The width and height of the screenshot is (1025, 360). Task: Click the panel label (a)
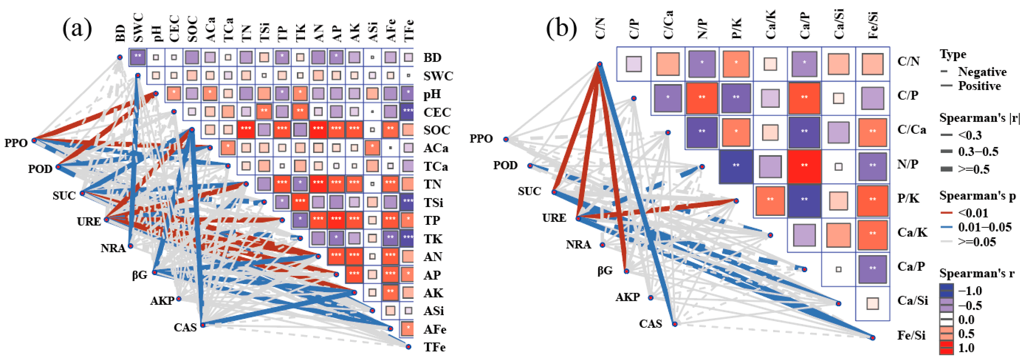pyautogui.click(x=77, y=29)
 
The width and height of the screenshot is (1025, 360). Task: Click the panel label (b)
pyautogui.click(x=561, y=29)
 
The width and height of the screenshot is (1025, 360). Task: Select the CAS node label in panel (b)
pyautogui.click(x=651, y=324)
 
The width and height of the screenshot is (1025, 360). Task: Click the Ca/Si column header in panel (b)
pyautogui.click(x=839, y=25)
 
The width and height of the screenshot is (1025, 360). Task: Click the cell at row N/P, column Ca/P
pyautogui.click(x=804, y=166)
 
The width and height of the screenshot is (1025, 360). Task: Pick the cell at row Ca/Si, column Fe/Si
pyautogui.click(x=873, y=303)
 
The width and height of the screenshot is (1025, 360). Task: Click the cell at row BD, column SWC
pyautogui.click(x=138, y=57)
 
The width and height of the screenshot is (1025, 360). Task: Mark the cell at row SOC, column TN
pyautogui.click(x=246, y=129)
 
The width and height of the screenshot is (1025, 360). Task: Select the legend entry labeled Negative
pyautogui.click(x=982, y=72)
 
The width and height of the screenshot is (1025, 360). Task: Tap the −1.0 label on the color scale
pyautogui.click(x=970, y=291)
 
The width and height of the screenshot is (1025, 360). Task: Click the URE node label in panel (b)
pyautogui.click(x=554, y=218)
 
